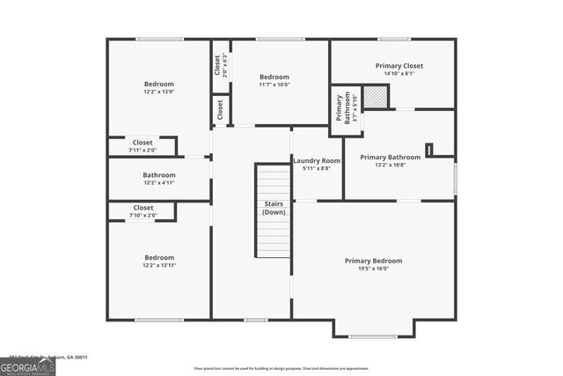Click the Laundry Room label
[x=317, y=161]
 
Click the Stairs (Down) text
[x=274, y=208]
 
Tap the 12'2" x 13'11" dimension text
[x=159, y=266]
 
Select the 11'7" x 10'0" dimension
[x=274, y=85]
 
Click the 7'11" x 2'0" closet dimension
[x=143, y=150]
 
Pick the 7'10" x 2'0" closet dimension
[x=143, y=216]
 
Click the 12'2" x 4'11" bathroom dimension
[x=159, y=183]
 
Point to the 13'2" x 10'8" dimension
[x=390, y=165]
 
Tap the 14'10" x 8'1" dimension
[x=399, y=73]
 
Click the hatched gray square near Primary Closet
[x=377, y=99]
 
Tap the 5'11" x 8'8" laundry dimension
[x=317, y=169]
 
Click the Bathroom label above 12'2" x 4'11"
[x=159, y=174]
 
